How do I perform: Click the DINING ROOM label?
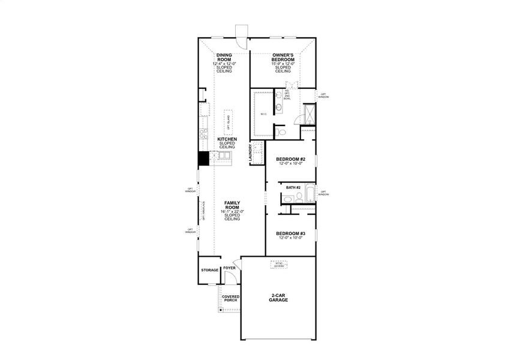point(224,58)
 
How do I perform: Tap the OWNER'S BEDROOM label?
point(283,58)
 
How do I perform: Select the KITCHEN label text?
point(227,139)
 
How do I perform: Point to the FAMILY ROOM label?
point(232,205)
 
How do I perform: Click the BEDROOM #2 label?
point(291,159)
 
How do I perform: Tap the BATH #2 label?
point(293,188)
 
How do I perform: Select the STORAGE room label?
point(209,270)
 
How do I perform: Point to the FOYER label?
point(229,268)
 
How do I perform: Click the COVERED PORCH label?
point(230,298)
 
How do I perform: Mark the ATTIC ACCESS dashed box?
point(278,265)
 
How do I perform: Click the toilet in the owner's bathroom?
point(281,131)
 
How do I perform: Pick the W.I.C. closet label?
point(263,113)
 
